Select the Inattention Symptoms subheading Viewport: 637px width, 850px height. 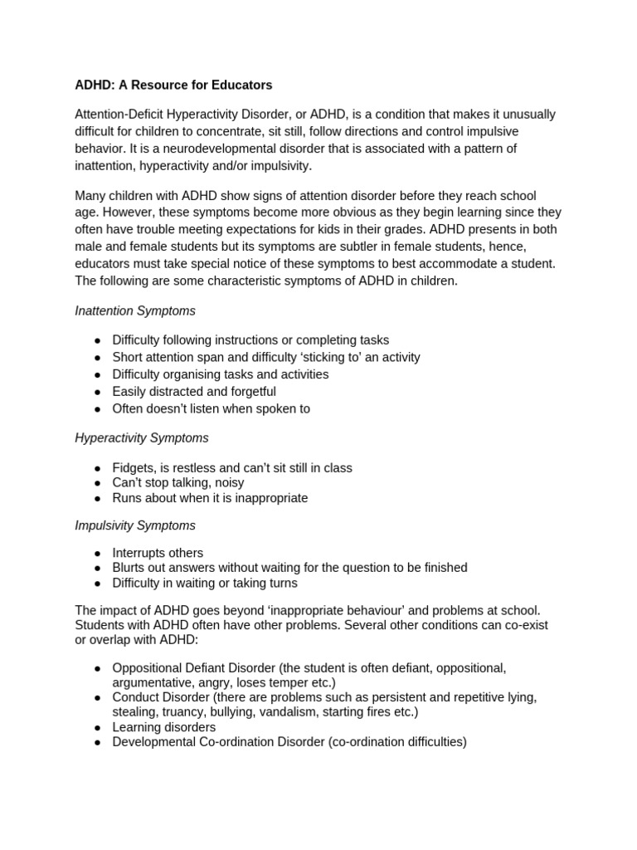[135, 310]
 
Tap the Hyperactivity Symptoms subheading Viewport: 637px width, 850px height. [142, 437]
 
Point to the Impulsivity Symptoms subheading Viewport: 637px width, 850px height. [135, 525]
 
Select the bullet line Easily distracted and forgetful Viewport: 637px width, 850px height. [194, 391]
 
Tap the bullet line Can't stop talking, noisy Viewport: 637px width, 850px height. [178, 482]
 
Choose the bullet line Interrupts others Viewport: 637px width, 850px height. [158, 553]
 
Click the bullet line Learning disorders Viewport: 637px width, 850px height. [164, 727]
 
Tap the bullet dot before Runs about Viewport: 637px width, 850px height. [98, 498]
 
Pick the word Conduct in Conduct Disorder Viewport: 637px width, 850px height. [137, 697]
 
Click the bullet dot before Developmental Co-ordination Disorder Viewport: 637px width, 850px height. [98, 742]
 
